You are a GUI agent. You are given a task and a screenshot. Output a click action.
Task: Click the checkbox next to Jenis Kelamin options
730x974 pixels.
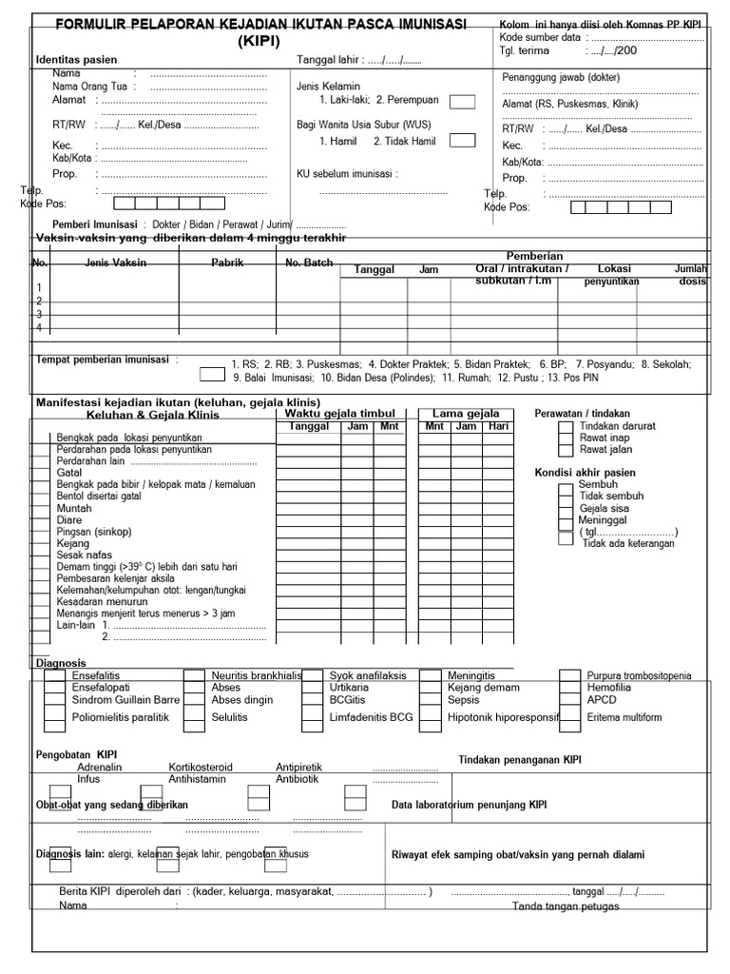(462, 101)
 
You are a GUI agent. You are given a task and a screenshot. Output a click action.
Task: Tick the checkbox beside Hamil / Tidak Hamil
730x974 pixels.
(462, 141)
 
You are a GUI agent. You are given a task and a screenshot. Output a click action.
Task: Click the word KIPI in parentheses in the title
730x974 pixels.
(259, 41)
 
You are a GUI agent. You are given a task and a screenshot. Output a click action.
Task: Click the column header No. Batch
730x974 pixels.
(309, 263)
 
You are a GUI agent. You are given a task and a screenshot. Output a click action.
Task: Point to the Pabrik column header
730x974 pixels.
(227, 263)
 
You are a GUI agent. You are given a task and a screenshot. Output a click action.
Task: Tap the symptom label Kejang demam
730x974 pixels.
(483, 688)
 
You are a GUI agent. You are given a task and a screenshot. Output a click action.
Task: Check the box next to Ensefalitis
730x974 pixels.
(54, 676)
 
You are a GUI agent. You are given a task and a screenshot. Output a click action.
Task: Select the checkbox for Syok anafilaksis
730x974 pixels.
(313, 676)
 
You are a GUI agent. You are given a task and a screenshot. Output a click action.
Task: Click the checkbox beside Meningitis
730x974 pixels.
(431, 676)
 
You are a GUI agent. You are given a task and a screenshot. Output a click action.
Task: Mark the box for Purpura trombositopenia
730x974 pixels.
(570, 676)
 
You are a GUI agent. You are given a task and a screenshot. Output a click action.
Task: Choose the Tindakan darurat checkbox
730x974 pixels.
(566, 427)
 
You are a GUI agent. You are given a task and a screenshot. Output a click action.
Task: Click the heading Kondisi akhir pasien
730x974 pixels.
(586, 473)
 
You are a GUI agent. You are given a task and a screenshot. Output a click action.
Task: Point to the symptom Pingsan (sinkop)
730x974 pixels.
(94, 531)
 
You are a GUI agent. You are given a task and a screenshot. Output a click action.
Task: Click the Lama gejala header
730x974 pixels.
(466, 414)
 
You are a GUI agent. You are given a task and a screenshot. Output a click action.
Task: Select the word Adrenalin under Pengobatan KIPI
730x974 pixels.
(99, 767)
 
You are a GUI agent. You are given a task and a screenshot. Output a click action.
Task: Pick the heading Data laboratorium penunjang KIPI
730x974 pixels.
(470, 806)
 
